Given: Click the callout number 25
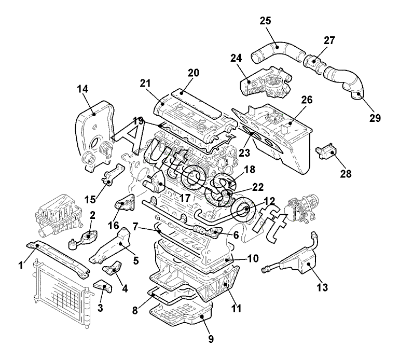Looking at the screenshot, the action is [266, 21].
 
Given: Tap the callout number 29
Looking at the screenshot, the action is [375, 118].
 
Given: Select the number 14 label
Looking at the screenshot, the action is [82, 89].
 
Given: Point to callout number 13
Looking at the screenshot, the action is [322, 287].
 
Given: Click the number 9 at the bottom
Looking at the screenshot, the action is [211, 339].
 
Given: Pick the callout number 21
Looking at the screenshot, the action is [145, 84].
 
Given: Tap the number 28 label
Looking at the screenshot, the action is [346, 174].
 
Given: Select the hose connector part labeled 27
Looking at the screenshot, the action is [314, 62].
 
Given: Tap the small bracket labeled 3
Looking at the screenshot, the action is [103, 286].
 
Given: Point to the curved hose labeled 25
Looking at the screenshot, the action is [278, 51].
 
